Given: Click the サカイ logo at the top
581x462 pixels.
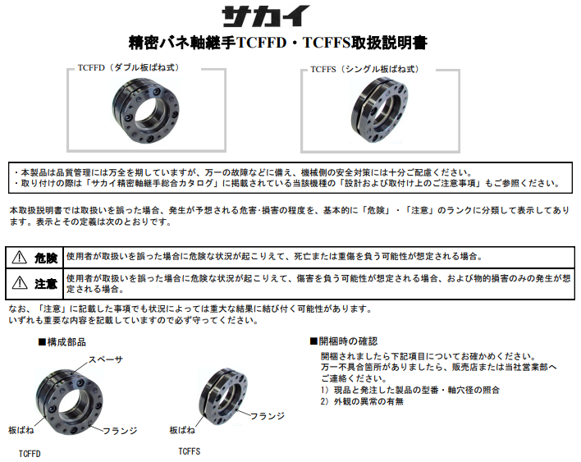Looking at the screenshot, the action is (266, 16).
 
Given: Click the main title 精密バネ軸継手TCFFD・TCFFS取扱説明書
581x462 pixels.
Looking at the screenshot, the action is (278, 43).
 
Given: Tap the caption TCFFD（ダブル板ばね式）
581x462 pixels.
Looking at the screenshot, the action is (128, 67).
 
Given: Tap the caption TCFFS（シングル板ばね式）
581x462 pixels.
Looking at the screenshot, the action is (364, 69).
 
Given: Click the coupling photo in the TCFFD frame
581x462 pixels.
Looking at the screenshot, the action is (146, 111).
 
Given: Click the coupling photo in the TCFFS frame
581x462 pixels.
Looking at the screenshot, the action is (379, 110).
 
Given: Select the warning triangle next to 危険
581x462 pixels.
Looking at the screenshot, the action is (19, 257).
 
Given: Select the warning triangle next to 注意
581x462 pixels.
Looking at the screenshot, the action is (20, 283).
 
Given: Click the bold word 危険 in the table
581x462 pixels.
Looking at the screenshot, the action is (46, 258).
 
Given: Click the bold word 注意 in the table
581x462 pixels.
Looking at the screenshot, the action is (46, 284).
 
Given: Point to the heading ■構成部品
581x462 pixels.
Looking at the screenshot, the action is (62, 342).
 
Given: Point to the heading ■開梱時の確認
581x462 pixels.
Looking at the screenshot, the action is (344, 341).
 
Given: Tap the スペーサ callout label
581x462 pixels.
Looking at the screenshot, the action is (106, 359).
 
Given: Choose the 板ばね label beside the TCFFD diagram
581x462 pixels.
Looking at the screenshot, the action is (21, 430).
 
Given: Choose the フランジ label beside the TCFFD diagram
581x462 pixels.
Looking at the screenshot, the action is (120, 431).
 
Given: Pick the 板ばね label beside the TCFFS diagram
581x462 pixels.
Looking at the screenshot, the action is (182, 430).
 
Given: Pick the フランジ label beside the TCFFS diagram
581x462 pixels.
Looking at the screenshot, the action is (268, 416).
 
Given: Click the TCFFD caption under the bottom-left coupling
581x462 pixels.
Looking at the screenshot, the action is (30, 454).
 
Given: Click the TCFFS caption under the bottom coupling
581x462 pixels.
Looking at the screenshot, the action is (190, 451).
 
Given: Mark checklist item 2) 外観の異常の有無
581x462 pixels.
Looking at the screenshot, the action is (362, 401).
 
